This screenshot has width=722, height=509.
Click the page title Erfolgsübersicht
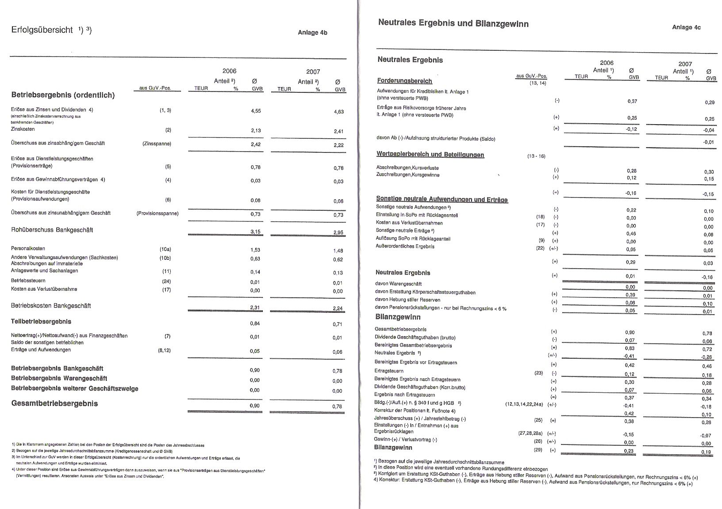(42, 30)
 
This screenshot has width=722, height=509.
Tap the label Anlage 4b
(312, 32)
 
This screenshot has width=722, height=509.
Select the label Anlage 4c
(686, 27)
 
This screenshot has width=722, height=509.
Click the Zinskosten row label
(23, 129)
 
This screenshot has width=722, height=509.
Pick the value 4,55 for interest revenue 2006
(256, 111)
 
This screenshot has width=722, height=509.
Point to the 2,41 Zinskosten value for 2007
(338, 131)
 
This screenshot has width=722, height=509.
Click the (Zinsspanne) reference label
(157, 144)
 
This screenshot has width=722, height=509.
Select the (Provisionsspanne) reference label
(157, 213)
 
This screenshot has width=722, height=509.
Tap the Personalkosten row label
(28, 248)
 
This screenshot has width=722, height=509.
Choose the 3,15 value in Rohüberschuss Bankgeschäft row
(256, 231)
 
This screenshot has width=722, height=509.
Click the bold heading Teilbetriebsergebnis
(41, 322)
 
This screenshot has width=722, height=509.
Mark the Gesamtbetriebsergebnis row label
(54, 403)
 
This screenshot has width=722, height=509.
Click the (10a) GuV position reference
(165, 249)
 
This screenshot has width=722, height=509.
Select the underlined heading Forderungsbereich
(404, 81)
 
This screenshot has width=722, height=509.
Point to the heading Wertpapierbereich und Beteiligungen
(430, 155)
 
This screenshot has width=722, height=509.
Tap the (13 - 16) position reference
(536, 156)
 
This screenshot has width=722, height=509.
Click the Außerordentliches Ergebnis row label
(405, 247)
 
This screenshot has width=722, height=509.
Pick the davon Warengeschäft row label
(398, 284)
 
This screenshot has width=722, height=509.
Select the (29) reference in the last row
(538, 450)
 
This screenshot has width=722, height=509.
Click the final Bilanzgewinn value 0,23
(630, 451)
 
